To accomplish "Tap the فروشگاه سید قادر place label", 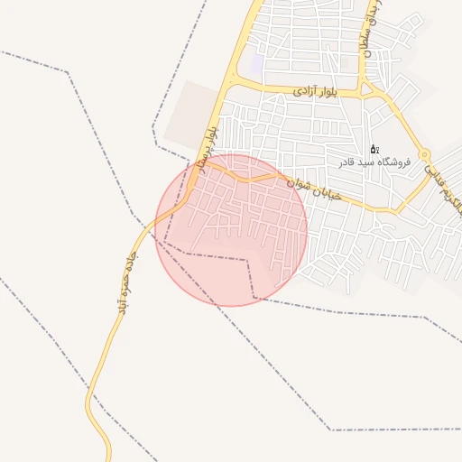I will tap(374, 162).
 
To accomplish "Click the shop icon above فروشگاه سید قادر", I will tap(374, 149).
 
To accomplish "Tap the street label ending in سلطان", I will tap(370, 32).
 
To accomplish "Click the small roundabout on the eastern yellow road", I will tap(424, 155).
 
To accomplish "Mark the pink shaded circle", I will tap(231, 230).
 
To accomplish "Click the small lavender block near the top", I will tap(257, 65).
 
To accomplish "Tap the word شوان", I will tap(300, 183).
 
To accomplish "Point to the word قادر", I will tap(346, 162).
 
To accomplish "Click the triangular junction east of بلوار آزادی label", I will tap(369, 89).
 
